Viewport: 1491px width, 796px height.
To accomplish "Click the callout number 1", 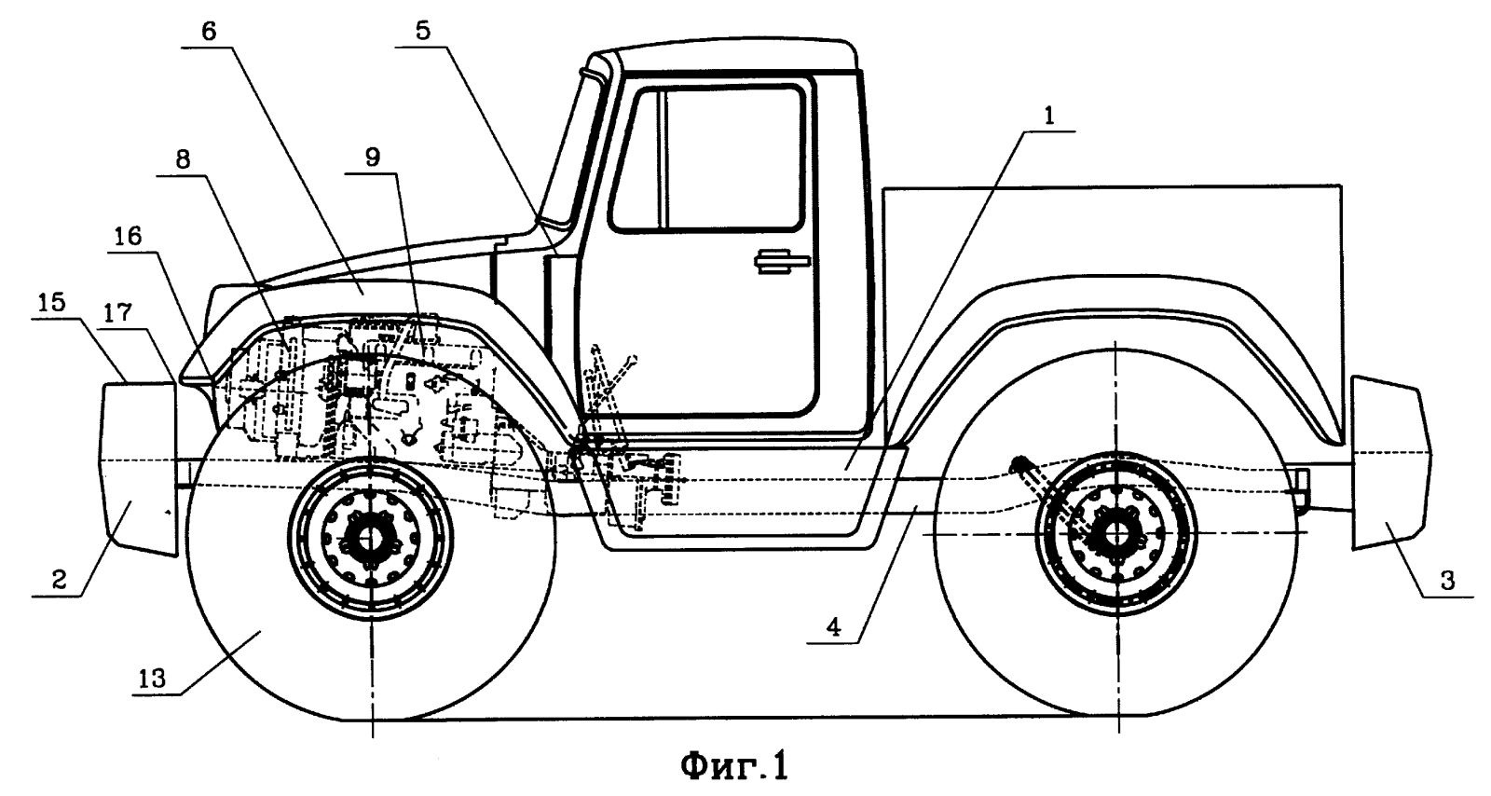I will [1048, 117].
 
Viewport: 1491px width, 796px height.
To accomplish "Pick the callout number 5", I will [424, 30].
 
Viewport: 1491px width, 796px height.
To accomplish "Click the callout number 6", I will [208, 30].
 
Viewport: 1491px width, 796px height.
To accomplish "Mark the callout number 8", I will [183, 159].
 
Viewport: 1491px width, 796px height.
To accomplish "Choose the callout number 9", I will [372, 158].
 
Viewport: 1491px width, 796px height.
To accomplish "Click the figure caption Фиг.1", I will [733, 766].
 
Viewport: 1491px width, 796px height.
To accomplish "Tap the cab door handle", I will [781, 262].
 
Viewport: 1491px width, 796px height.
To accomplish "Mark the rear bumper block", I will [1388, 461].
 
